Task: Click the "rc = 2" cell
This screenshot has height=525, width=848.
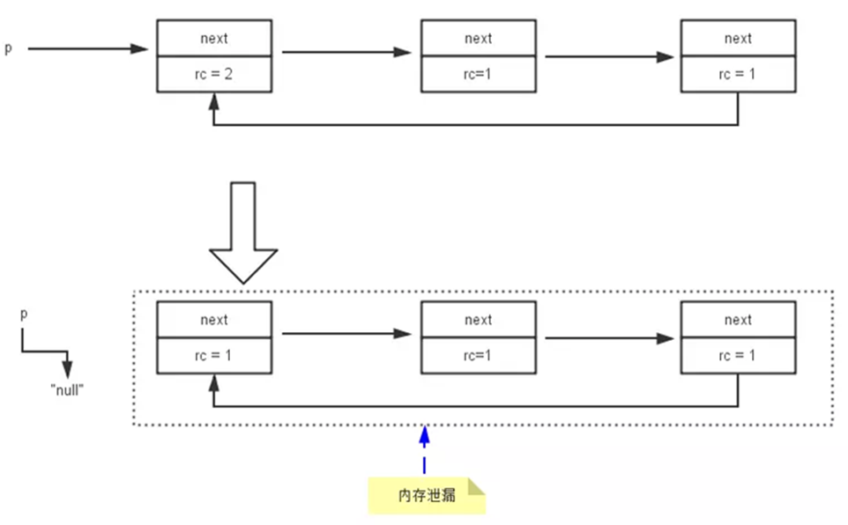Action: coord(214,75)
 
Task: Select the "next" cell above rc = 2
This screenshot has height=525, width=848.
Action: coord(214,38)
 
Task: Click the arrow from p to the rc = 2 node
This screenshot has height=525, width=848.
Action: coord(88,48)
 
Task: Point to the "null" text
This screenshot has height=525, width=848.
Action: coord(66,389)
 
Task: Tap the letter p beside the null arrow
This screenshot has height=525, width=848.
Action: coord(23,314)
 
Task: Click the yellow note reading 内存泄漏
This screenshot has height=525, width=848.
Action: coord(427,494)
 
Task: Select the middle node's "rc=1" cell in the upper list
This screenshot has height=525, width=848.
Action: coord(479,75)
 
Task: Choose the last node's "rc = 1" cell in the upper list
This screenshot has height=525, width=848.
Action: coord(738,75)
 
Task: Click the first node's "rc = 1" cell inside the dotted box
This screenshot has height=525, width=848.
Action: coord(214,356)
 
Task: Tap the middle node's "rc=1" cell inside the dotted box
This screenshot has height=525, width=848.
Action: coord(479,356)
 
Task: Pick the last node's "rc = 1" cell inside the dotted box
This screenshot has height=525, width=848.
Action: coord(738,356)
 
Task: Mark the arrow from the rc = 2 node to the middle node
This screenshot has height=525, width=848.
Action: coord(346,52)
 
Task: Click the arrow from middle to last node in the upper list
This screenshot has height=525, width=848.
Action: coord(609,57)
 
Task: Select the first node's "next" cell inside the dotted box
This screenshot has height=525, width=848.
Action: coord(214,320)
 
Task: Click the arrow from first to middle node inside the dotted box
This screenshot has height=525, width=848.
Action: coord(346,334)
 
